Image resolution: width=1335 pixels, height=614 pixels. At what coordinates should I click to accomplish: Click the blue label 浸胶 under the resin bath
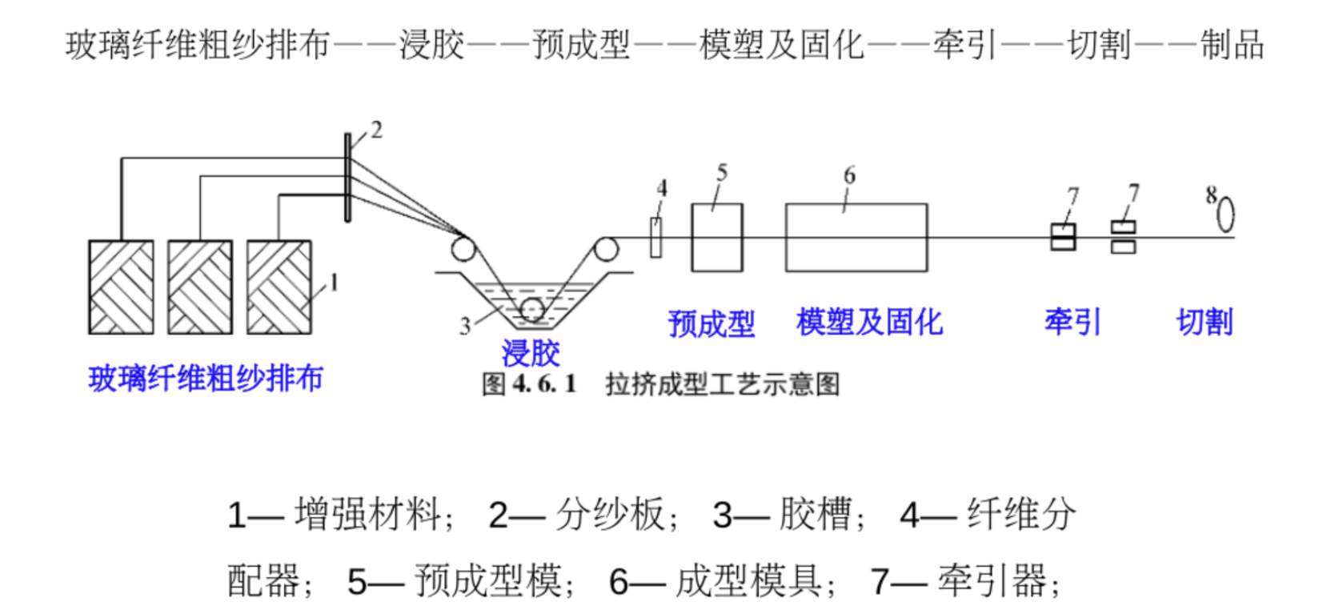pos(530,352)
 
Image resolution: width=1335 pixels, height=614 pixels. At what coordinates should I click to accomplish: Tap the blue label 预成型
pos(711,323)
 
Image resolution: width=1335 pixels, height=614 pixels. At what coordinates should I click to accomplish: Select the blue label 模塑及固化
pos(869,322)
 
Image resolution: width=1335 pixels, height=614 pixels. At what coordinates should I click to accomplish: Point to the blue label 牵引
pos(1072,322)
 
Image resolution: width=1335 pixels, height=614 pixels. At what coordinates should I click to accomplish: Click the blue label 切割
pos(1204,322)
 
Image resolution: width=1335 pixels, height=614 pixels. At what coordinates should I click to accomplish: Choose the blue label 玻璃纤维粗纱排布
pos(206,378)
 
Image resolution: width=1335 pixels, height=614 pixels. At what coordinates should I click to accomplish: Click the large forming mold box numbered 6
pos(856,238)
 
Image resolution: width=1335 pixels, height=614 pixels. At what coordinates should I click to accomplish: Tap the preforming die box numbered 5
pos(716,238)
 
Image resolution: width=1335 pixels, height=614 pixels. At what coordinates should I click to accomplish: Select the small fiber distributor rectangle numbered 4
pos(655,238)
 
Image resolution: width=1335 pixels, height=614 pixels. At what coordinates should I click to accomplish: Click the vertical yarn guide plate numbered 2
pos(347,178)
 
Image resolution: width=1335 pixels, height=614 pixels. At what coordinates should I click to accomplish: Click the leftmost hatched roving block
pos(121,287)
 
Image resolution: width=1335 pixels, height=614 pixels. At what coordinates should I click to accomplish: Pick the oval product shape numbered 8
pos(1225,214)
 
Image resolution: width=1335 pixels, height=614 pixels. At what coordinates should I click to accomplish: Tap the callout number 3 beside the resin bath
pos(465,326)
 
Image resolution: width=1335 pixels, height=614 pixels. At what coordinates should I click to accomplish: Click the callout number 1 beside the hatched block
pos(334,283)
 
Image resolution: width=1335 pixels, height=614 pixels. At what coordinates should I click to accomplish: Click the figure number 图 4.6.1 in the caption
pos(528,384)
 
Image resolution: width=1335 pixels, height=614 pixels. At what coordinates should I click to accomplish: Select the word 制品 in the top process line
pos(1232,45)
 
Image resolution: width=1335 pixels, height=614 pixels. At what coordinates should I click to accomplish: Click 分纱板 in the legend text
pos(610,514)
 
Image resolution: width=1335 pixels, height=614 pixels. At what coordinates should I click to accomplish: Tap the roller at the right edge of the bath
pos(606,249)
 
